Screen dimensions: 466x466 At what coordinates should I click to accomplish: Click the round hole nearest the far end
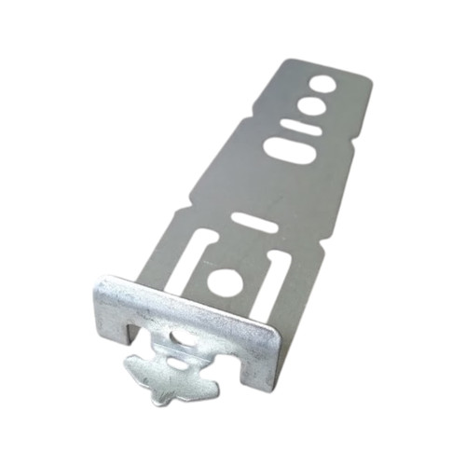[323, 83]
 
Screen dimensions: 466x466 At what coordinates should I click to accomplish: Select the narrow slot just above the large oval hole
[302, 126]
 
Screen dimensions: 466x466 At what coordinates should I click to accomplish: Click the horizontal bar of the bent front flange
[186, 308]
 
